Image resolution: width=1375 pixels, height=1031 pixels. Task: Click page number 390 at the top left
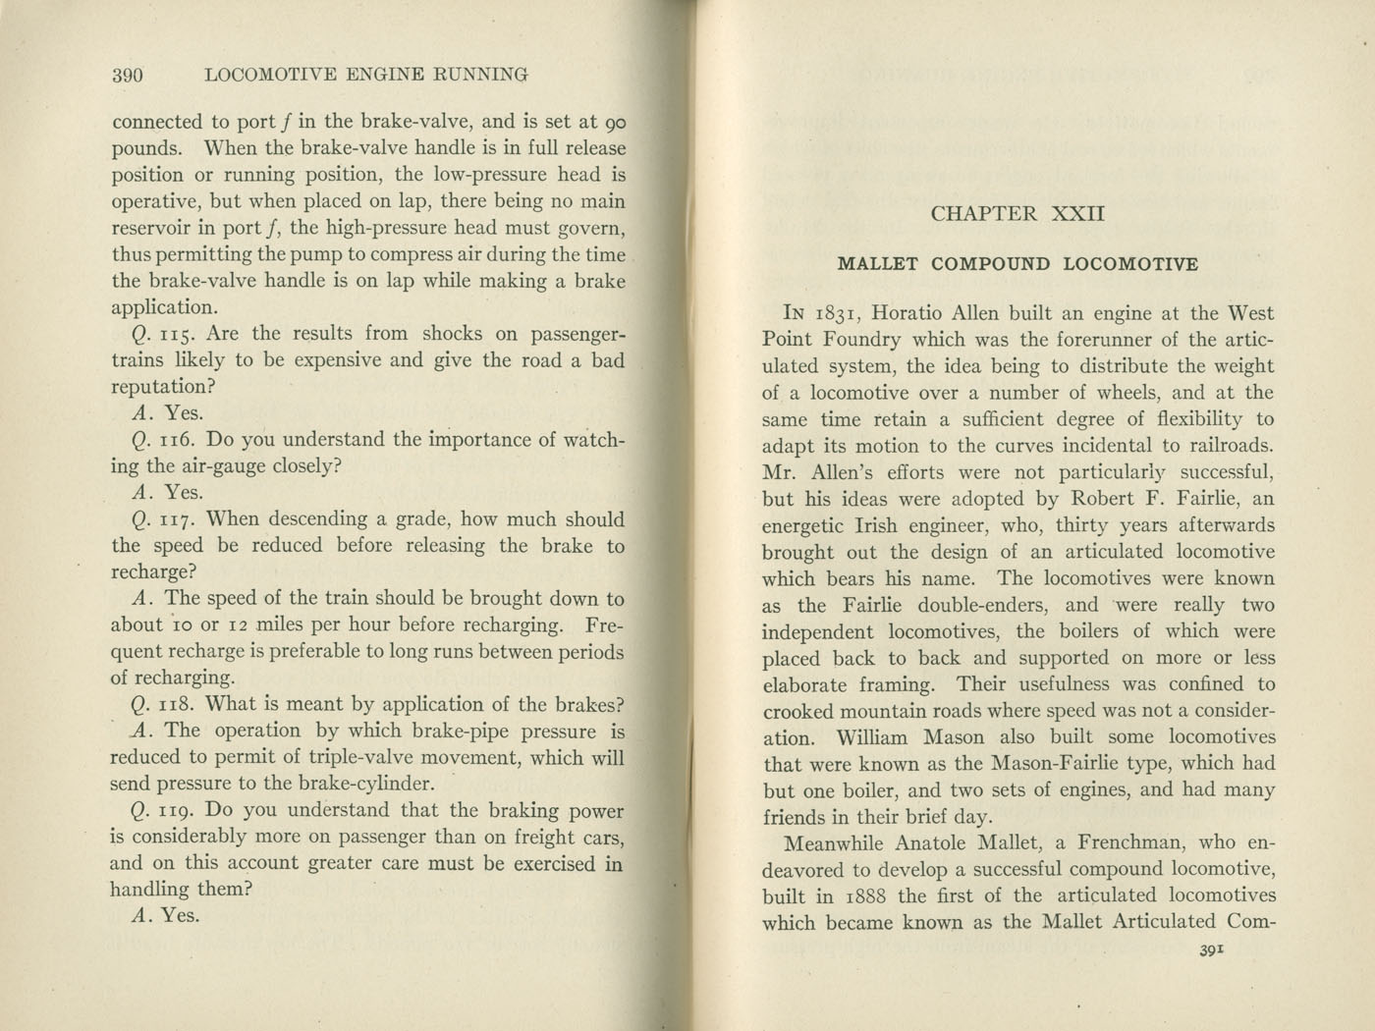point(129,75)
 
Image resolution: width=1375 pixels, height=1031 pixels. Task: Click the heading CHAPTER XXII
point(1017,214)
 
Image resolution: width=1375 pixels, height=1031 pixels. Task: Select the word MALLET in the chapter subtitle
point(877,264)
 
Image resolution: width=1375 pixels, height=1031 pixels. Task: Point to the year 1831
point(837,314)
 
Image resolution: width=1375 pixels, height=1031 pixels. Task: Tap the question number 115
point(181,334)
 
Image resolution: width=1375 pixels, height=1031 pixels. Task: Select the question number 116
point(181,440)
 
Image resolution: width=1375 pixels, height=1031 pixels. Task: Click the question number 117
point(181,519)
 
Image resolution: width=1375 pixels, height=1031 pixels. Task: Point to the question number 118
point(181,704)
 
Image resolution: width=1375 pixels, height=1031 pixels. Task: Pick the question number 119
point(181,811)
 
